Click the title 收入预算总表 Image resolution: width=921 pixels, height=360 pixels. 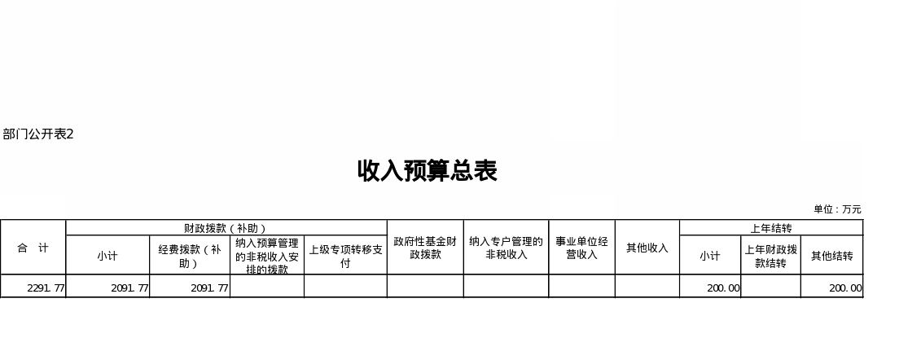coord(427,171)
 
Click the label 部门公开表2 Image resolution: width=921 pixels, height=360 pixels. coord(38,134)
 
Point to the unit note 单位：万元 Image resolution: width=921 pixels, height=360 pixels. coord(837,209)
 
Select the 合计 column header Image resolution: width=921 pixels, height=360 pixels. coord(33,247)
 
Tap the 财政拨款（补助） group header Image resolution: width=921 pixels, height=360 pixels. coord(226,228)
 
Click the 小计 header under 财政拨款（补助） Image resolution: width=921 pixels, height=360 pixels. coord(107,255)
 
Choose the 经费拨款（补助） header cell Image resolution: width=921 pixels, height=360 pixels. coord(190,255)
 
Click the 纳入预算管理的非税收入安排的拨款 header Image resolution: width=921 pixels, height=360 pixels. coord(267,255)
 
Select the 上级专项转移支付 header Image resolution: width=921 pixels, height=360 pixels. coord(345,255)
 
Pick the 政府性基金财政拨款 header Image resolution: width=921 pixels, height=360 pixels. coord(425,247)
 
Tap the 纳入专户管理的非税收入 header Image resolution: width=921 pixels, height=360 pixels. coord(506,247)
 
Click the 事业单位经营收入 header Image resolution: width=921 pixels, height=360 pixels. coord(581,247)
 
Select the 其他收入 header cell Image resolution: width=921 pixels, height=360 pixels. coord(647,247)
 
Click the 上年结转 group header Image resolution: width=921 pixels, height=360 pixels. coord(770,228)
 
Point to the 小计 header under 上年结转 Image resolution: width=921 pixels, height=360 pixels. coord(710,255)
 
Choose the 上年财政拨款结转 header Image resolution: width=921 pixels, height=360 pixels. coord(770,255)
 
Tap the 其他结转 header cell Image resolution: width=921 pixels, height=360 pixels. coord(831,255)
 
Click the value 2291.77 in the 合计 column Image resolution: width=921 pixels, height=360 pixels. coord(46,288)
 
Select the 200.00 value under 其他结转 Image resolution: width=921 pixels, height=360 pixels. coord(845,288)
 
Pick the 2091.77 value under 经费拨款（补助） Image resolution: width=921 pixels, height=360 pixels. coord(209,288)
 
